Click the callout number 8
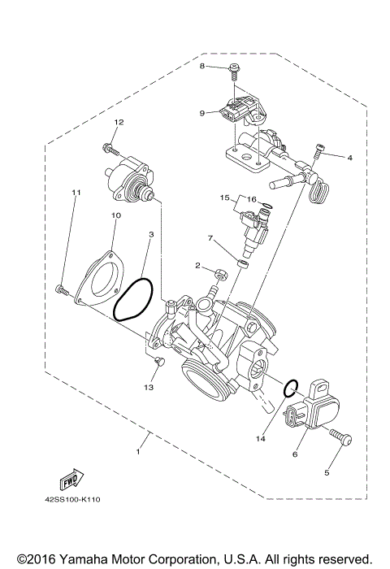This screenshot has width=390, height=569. (202, 66)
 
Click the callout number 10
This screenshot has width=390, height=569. (115, 215)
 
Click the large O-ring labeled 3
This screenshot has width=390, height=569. (132, 300)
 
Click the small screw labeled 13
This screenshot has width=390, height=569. (160, 360)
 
